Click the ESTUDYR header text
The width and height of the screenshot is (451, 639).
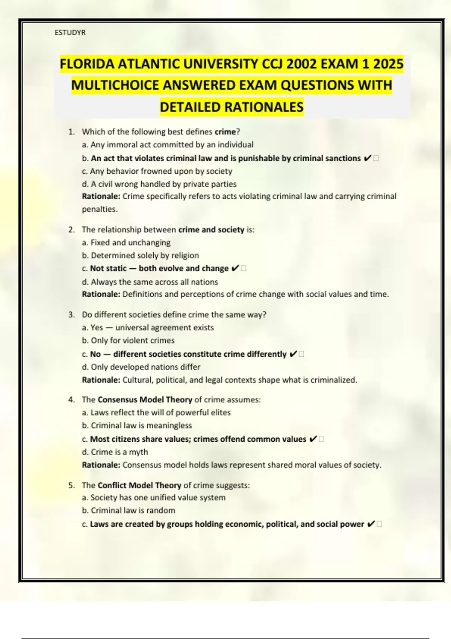click(x=70, y=33)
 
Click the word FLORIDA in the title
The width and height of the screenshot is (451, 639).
click(x=87, y=64)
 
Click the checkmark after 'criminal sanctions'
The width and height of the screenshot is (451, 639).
click(x=368, y=159)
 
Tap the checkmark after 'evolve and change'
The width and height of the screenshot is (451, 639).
click(x=235, y=268)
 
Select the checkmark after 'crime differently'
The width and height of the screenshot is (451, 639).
click(x=293, y=354)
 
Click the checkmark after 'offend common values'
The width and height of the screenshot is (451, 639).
click(x=313, y=439)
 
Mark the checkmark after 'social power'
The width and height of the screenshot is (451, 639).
click(x=370, y=524)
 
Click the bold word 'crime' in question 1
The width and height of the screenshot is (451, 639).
click(x=225, y=132)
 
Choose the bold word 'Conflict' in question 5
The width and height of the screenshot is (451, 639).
click(x=112, y=485)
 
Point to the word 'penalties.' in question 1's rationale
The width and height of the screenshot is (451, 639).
click(x=100, y=209)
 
